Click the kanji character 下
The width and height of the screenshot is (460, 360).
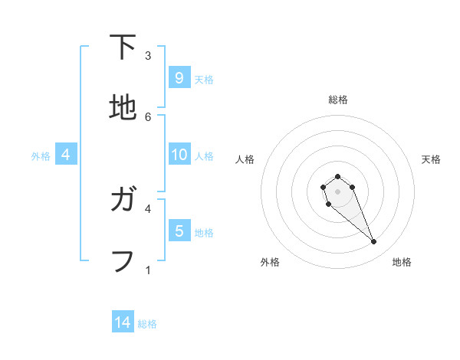123,47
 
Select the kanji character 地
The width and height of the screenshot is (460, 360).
123,107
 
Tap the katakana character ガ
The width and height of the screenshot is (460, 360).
123,201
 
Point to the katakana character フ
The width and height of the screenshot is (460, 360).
123,260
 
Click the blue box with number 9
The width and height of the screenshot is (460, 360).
179,77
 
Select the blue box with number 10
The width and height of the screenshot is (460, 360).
179,155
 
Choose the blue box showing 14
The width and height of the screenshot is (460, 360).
123,323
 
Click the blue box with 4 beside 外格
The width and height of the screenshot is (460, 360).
66,155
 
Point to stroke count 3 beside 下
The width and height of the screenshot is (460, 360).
148,56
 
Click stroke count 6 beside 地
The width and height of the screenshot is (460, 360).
148,116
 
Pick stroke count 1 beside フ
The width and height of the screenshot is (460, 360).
148,270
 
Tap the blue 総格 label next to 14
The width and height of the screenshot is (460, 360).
147,324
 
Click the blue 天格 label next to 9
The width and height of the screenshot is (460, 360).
204,79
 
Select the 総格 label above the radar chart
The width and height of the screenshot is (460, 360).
337,100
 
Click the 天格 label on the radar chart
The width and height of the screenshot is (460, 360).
431,159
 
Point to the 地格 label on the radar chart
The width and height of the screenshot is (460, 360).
402,262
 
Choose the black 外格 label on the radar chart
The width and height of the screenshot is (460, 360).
270,262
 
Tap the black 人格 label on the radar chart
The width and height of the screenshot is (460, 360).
245,159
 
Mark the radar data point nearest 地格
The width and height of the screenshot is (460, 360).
374,242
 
